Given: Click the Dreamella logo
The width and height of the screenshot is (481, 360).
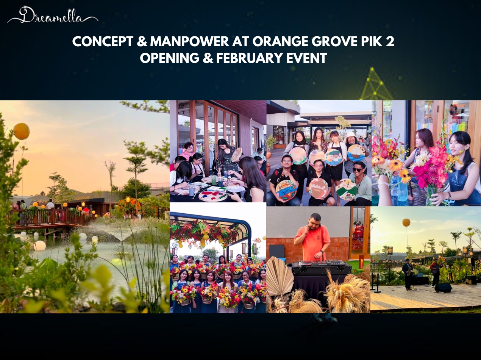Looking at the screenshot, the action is click(53, 15).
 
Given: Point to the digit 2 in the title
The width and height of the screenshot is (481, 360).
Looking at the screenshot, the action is click(390, 41).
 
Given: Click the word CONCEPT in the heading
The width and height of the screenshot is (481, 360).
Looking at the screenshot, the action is click(103, 41).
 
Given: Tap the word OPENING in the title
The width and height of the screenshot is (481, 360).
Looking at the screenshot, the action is click(170, 58).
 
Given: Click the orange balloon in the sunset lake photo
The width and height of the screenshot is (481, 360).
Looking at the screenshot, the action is click(22, 131).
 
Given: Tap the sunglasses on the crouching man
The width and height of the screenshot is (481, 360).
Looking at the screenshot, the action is click(358, 170).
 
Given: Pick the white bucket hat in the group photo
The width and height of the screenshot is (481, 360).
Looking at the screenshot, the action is click(351, 135).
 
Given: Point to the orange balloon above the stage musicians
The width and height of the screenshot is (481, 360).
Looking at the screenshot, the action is click(406, 222).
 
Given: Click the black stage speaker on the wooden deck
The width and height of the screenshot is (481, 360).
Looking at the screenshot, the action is click(443, 287).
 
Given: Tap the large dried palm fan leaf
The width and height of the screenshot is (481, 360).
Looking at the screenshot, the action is click(280, 277).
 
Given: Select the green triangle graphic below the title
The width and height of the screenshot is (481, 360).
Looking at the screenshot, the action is click(375, 85).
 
